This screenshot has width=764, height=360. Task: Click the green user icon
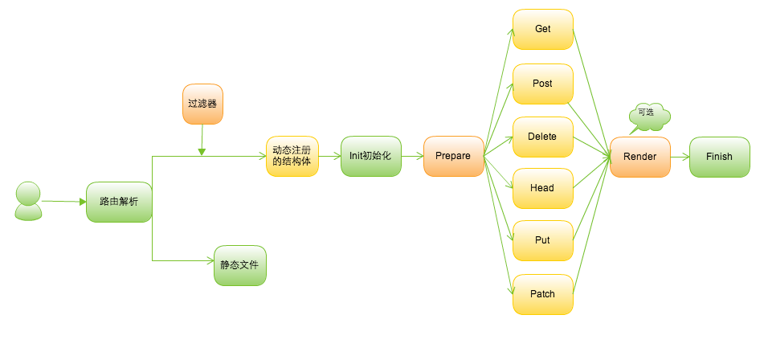tap(29, 201)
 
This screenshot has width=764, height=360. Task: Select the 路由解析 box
tap(119, 202)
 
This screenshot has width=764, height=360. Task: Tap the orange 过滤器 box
tap(202, 104)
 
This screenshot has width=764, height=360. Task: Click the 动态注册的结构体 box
tap(292, 156)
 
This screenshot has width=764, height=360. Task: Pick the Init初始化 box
tap(370, 156)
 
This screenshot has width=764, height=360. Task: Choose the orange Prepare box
tap(453, 156)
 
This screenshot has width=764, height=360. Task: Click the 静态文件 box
tap(239, 265)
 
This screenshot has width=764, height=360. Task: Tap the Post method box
tap(543, 84)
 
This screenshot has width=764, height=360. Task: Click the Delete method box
tap(543, 136)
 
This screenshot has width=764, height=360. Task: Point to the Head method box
tap(543, 188)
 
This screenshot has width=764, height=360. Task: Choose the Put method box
tap(543, 240)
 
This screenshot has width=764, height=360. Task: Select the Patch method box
tap(543, 293)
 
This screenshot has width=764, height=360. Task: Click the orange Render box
tap(639, 157)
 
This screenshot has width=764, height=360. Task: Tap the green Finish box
tap(719, 157)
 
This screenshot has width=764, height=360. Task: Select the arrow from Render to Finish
tap(680, 157)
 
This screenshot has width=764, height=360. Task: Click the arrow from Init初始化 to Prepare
tap(412, 156)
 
